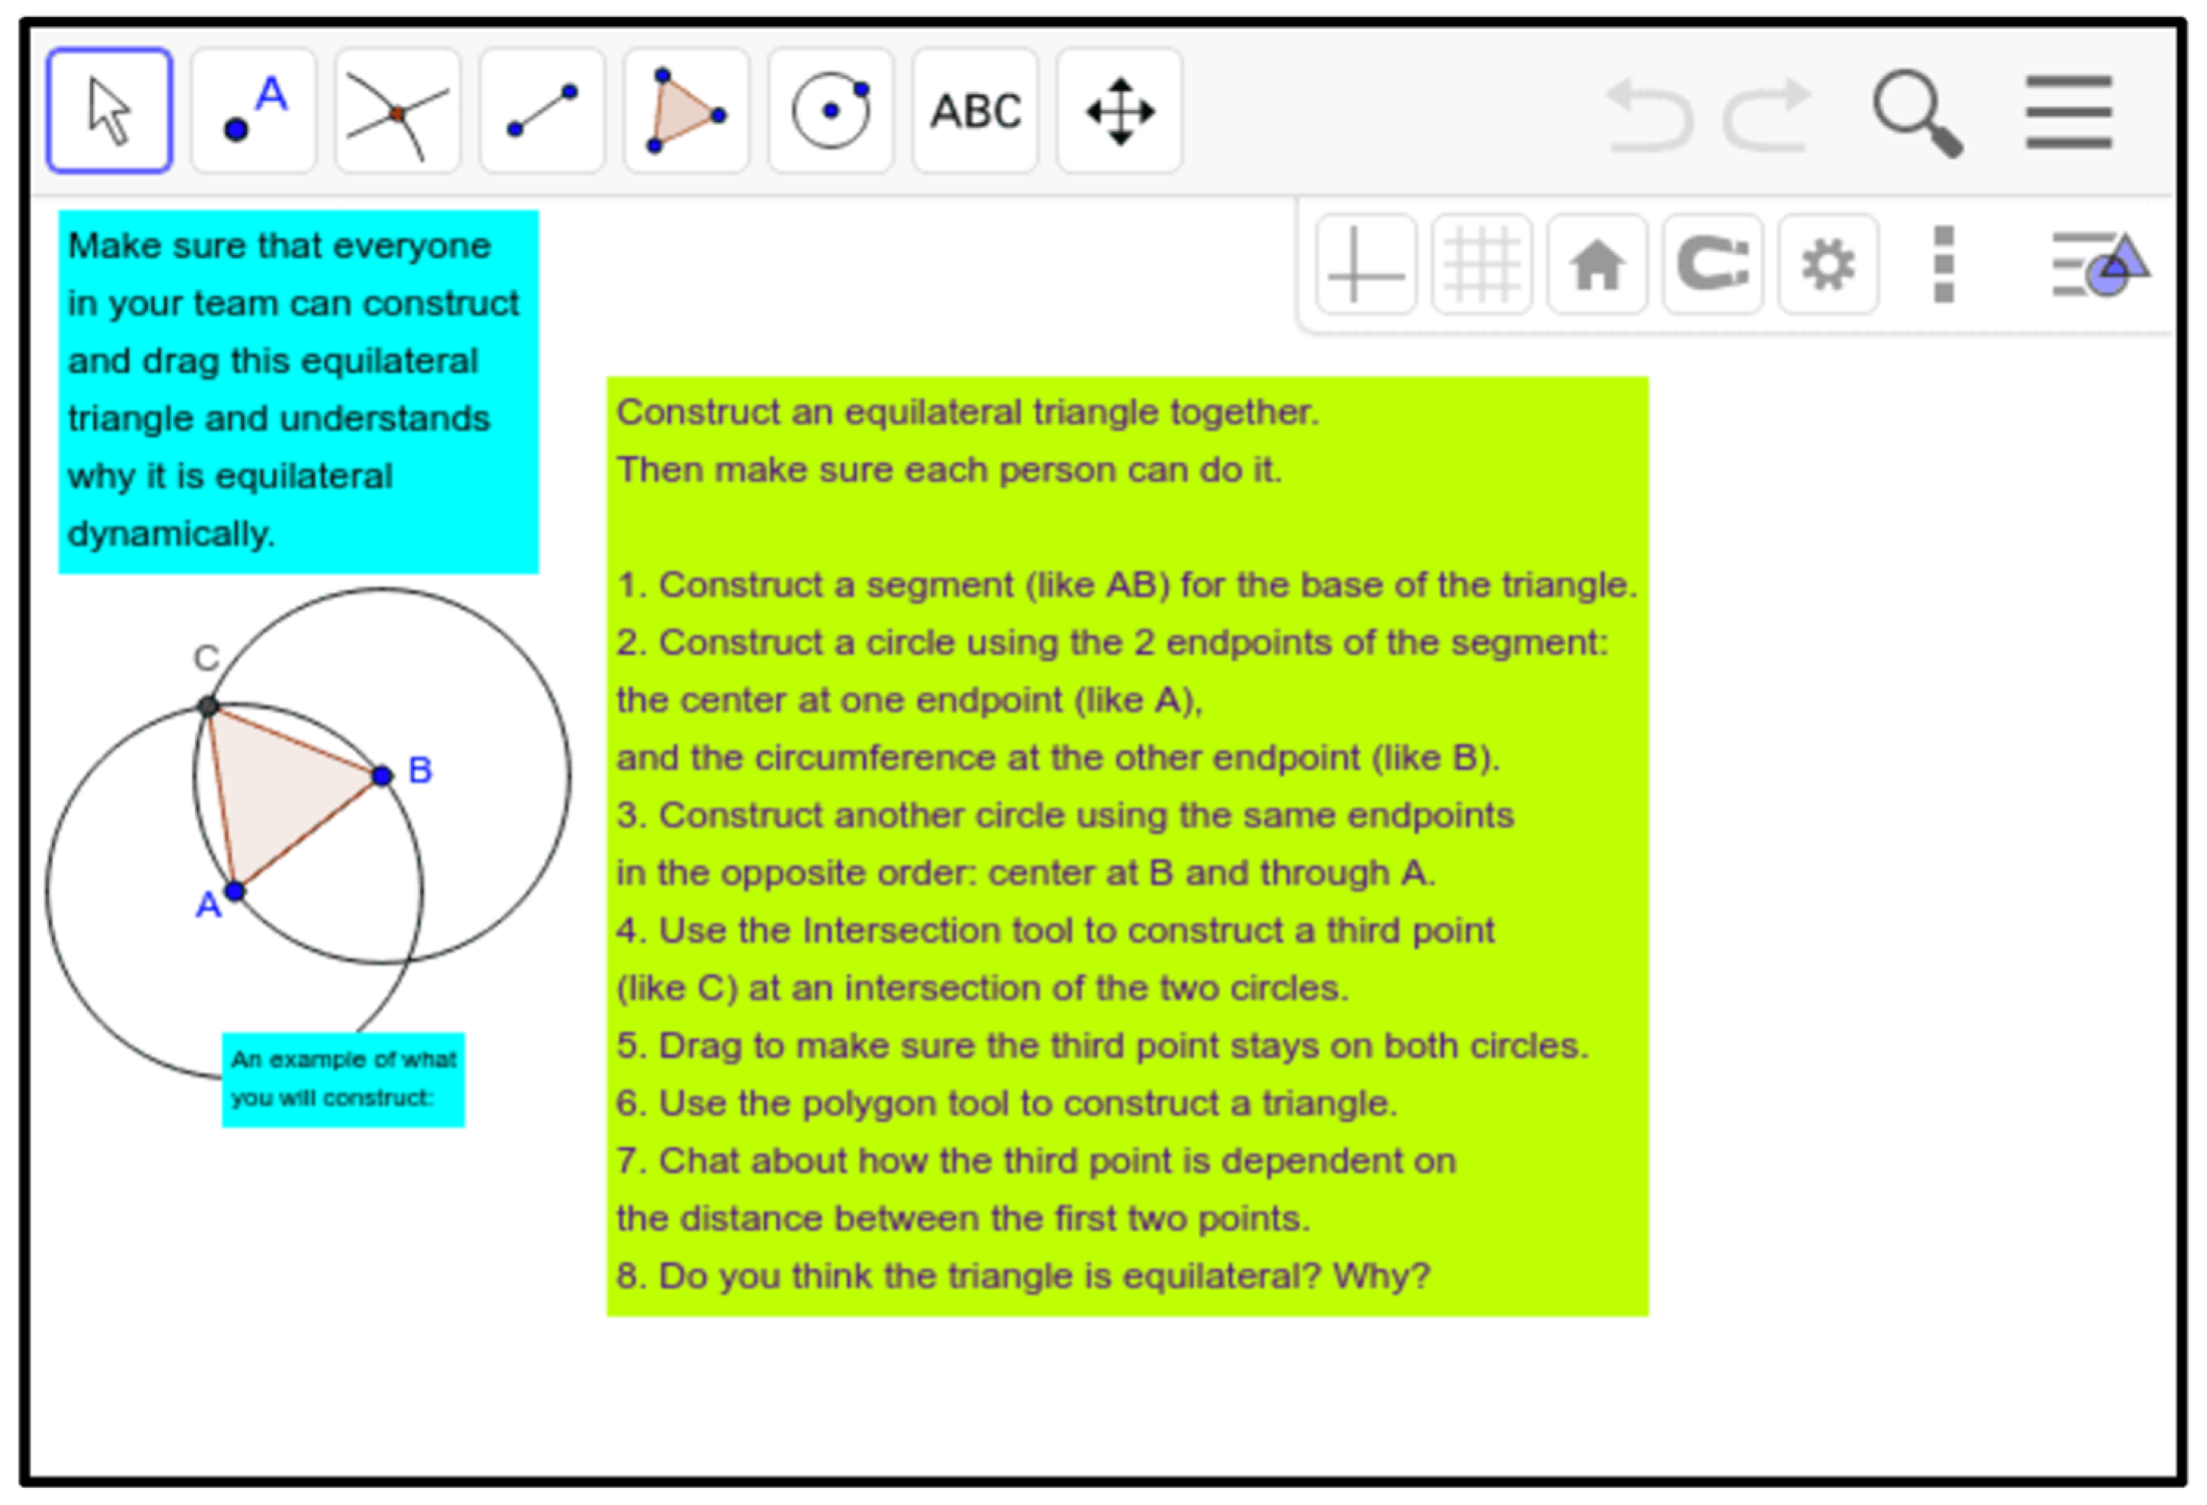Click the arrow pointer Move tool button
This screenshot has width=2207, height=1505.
109,111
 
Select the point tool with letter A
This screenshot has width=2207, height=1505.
254,111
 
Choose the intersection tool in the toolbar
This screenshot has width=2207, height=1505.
398,111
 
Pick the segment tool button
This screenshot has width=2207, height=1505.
543,111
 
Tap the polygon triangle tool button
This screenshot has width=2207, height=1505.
687,111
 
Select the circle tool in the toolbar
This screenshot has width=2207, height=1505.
831,111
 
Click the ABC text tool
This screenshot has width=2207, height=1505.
976,111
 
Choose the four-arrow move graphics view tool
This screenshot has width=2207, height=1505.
1120,111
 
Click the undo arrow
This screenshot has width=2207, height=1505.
1650,115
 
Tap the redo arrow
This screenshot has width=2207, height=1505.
1767,115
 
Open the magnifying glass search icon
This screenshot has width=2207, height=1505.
1917,113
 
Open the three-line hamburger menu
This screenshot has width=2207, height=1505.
2068,112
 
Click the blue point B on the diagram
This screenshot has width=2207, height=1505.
382,776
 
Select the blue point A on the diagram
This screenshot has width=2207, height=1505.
234,890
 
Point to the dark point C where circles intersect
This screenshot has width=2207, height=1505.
208,706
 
